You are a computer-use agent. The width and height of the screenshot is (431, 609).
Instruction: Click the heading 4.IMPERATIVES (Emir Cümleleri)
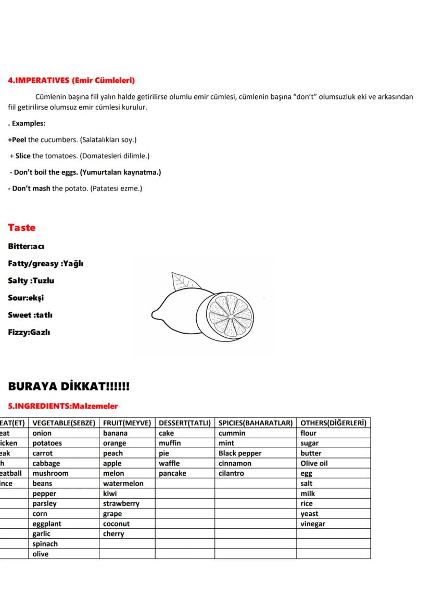(71, 81)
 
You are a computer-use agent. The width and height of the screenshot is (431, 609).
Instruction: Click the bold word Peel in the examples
(18, 140)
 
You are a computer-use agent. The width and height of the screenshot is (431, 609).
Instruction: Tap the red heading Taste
(22, 228)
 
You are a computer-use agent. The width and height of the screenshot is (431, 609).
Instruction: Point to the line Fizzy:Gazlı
(29, 332)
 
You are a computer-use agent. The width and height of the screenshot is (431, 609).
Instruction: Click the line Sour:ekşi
(26, 298)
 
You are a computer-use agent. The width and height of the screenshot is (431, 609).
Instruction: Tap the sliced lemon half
(229, 315)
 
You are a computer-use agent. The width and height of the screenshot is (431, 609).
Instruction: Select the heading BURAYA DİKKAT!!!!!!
(69, 387)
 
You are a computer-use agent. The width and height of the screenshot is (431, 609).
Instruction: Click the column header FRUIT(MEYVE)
(127, 423)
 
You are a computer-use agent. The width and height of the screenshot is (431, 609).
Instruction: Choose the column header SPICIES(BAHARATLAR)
(256, 423)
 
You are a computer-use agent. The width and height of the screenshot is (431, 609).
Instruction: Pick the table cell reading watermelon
(123, 484)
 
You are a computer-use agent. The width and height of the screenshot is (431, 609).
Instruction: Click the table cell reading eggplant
(47, 524)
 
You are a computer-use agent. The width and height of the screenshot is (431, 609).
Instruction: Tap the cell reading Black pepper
(240, 453)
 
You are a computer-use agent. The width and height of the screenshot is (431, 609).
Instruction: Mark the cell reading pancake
(172, 474)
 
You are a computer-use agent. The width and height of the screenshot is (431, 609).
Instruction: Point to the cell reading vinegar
(313, 524)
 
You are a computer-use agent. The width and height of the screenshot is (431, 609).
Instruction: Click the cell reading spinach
(45, 544)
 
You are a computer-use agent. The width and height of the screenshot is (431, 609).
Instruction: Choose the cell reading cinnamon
(235, 463)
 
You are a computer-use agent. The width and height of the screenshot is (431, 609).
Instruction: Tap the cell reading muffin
(170, 443)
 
